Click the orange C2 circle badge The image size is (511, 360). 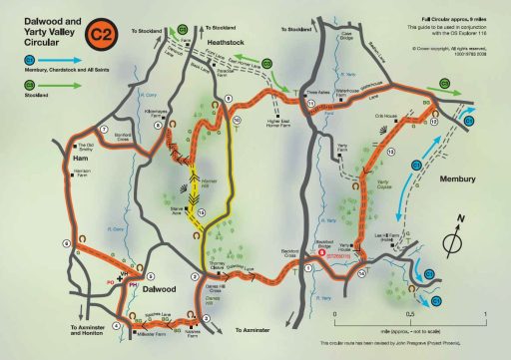[x=101, y=37]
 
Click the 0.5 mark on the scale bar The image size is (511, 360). [x=411, y=313]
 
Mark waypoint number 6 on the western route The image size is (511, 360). [x=68, y=241]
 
